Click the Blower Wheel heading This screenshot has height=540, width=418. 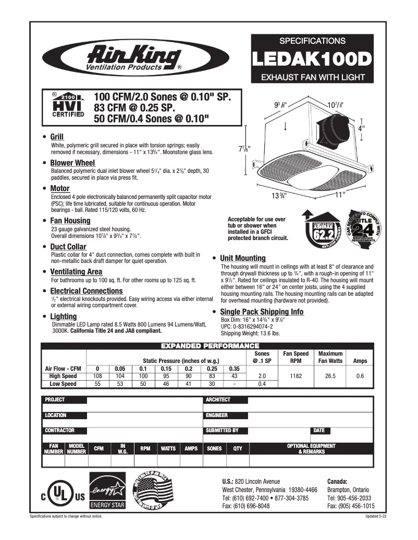(72, 163)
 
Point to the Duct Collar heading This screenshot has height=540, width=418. (68, 246)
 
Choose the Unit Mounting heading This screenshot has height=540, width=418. (243, 258)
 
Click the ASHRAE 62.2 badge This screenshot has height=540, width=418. (318, 227)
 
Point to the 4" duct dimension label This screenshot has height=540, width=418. (361, 127)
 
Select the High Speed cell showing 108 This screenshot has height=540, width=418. (97, 375)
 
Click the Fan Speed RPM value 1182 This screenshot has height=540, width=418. (296, 375)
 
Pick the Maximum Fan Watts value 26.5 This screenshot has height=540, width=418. (330, 375)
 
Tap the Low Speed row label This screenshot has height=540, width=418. (63, 383)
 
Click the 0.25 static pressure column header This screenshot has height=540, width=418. (212, 368)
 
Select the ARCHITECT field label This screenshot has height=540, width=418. (218, 400)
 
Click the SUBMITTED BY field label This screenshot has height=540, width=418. (223, 431)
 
